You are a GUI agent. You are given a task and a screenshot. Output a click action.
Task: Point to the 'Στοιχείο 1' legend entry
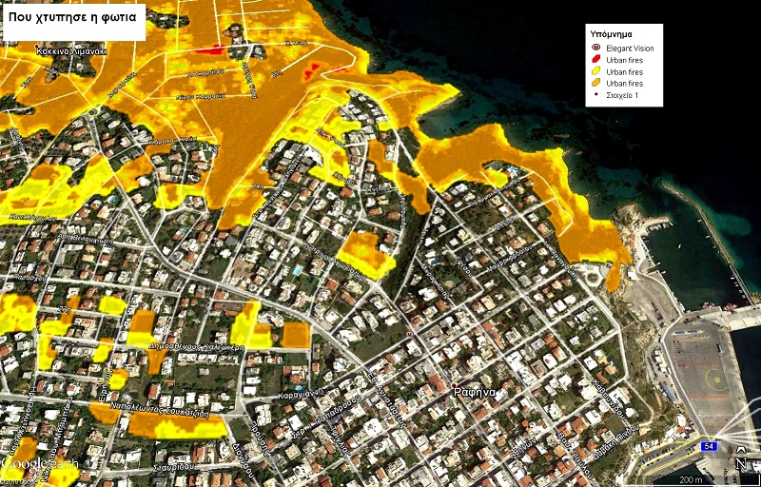tap(623, 95)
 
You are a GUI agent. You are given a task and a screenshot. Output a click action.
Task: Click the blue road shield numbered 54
tap(708, 445)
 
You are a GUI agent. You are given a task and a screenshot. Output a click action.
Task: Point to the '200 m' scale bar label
tap(691, 478)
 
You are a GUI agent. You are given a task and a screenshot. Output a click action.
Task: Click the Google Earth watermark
tap(40, 464)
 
